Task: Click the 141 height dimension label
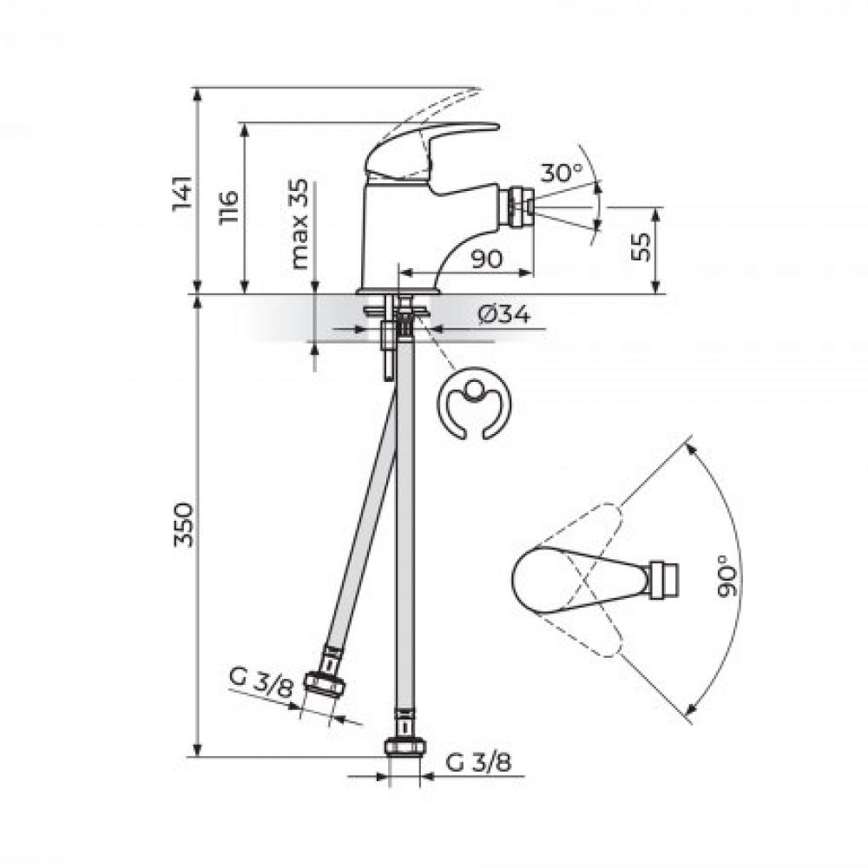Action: [182, 193]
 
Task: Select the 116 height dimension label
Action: [228, 207]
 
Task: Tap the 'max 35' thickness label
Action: [299, 225]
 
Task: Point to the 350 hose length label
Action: [183, 525]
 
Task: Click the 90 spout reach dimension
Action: [487, 259]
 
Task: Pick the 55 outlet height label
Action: [641, 247]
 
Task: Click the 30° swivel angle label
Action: [562, 173]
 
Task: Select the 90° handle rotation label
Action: [727, 575]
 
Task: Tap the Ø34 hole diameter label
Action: [503, 315]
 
